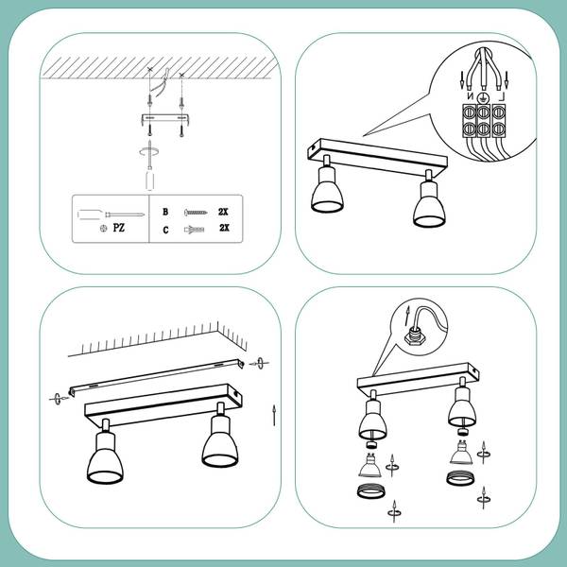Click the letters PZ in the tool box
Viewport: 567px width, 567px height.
coord(119,228)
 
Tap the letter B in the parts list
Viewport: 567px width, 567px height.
coord(165,212)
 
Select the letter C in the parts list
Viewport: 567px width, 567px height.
coord(165,230)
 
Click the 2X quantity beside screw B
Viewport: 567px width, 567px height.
coord(223,212)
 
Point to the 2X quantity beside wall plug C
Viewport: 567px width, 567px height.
coord(224,228)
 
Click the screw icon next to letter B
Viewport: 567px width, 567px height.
coord(196,213)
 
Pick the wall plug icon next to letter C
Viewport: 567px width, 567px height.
coord(194,230)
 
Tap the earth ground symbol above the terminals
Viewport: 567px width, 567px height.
coord(482,97)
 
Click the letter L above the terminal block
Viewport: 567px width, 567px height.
coord(501,96)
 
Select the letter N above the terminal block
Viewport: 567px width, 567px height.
coord(470,96)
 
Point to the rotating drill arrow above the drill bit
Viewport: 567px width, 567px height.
coord(149,151)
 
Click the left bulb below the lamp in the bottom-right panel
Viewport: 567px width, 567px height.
coord(369,465)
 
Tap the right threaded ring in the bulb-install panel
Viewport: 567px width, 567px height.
coord(459,478)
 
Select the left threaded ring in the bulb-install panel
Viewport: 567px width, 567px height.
coord(371,491)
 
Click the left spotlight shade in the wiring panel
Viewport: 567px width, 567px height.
coord(327,190)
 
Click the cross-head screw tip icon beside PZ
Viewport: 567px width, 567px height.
coord(103,228)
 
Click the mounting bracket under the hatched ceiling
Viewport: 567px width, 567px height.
coord(164,118)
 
